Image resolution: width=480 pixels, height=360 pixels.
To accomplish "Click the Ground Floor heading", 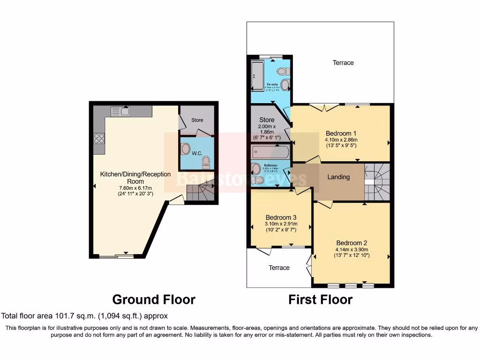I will (x=154, y=299).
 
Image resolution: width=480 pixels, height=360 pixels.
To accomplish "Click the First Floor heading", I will (x=320, y=299).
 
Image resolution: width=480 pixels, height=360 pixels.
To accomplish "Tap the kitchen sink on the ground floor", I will (x=120, y=111).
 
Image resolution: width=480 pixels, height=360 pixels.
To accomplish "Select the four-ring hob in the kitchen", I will (x=99, y=138).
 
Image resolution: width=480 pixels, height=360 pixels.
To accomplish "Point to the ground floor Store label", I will (x=197, y=120).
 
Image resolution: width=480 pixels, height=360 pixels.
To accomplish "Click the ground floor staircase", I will (x=200, y=191).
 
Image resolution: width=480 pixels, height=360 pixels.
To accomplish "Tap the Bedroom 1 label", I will (x=341, y=134).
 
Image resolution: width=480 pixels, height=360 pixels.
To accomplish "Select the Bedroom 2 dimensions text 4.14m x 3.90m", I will (x=352, y=249).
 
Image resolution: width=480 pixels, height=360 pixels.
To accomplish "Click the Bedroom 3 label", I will (x=281, y=217).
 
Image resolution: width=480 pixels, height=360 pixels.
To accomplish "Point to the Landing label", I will (x=338, y=177).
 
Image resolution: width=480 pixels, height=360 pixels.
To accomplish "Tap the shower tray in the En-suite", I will (x=257, y=75).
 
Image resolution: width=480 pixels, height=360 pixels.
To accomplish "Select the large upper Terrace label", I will (x=343, y=63).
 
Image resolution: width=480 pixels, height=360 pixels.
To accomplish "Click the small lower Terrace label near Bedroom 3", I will (x=279, y=268).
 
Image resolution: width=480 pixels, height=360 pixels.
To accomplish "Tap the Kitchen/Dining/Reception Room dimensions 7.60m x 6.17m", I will (x=135, y=188).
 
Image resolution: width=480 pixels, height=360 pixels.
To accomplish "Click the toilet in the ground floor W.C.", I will (x=205, y=162).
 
